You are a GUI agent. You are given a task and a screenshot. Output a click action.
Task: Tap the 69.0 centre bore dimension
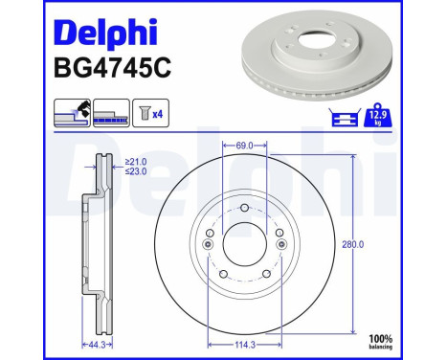pyautogui.click(x=243, y=146)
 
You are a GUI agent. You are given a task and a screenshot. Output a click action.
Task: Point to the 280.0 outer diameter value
pyautogui.click(x=379, y=244)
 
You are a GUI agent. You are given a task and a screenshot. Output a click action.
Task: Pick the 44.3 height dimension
pyautogui.click(x=94, y=342)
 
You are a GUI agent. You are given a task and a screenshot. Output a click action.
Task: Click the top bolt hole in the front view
pyautogui.click(x=244, y=210)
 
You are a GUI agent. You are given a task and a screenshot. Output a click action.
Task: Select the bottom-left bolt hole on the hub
pyautogui.click(x=222, y=278)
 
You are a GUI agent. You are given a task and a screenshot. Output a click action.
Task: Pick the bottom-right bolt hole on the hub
pyautogui.click(x=267, y=278)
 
